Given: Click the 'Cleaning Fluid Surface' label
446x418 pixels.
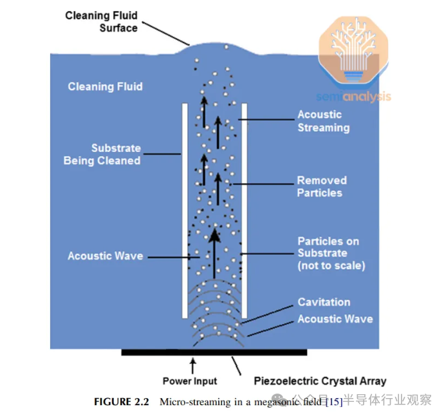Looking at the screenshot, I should point(101,22).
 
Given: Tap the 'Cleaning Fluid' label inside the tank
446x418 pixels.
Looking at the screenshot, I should point(105,86).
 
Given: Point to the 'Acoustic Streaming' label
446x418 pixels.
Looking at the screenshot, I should point(323,121).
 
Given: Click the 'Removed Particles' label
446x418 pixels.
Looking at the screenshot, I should point(321,187).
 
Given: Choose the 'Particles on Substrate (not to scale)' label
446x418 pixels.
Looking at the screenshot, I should point(328,253).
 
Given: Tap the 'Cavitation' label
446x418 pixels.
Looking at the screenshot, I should point(324,302).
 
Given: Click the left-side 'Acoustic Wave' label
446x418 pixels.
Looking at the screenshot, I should point(105,256).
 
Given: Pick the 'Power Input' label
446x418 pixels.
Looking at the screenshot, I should point(189,381).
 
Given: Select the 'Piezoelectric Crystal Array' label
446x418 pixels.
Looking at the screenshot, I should point(320,381).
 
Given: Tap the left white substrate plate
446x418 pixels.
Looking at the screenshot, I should point(185,209).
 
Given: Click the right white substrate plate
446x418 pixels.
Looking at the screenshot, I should point(245,209).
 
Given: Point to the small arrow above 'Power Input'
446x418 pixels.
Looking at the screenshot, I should point(192,365).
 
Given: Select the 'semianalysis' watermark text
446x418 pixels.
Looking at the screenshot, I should point(353,97).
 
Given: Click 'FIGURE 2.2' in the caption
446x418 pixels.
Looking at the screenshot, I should point(121,402).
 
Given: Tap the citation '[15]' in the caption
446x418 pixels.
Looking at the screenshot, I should point(335,402).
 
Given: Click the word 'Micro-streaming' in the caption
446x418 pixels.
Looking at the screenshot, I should point(190,402).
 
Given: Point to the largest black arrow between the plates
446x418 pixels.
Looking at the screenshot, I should point(215,251).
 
